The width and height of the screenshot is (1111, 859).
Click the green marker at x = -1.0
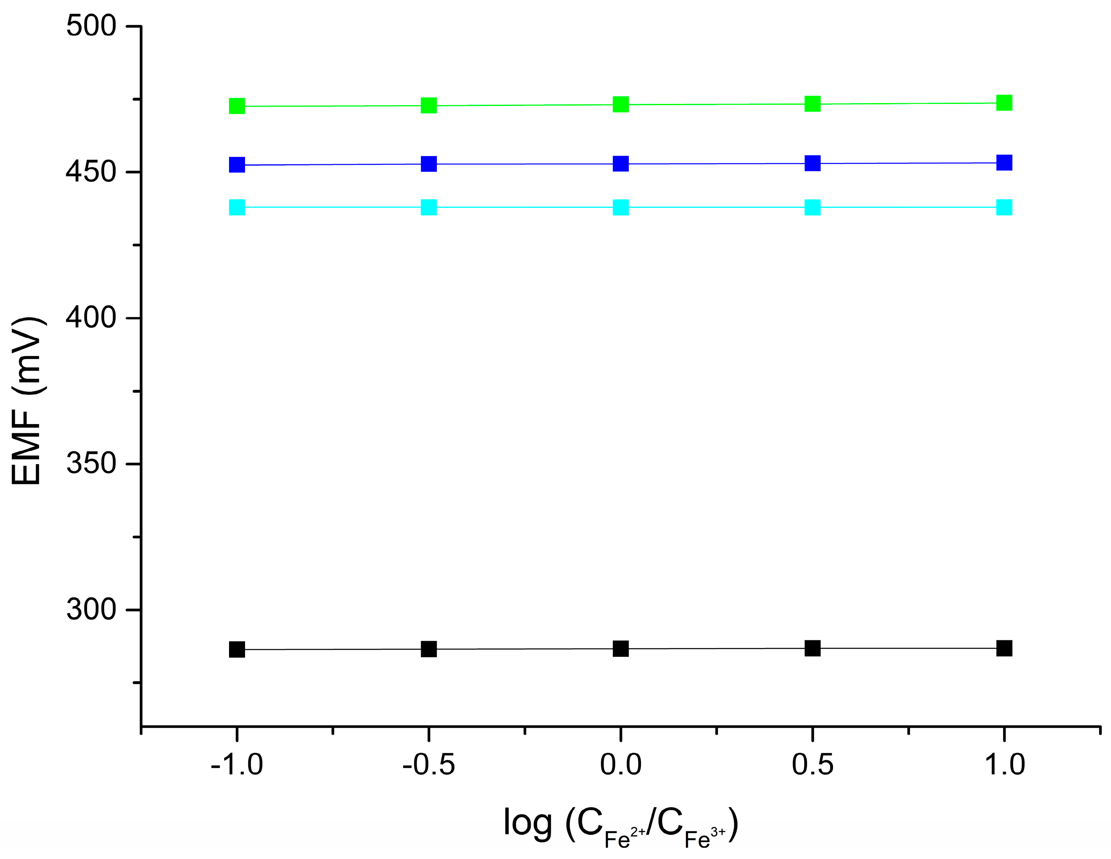click(x=237, y=106)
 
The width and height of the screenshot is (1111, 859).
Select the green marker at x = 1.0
click(x=1004, y=103)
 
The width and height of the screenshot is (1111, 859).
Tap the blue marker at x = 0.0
click(x=620, y=164)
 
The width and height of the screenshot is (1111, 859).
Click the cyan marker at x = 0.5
click(x=812, y=207)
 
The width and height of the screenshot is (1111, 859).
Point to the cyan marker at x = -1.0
click(x=237, y=207)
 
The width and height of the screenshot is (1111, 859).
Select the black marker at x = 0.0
click(x=620, y=648)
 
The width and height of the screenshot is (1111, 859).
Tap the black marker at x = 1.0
click(x=1004, y=648)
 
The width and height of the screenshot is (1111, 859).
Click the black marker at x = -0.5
click(x=429, y=649)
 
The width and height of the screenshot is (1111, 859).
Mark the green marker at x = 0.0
click(x=620, y=104)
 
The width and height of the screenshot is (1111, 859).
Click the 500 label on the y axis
click(x=91, y=26)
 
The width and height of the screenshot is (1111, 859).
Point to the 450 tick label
click(x=91, y=172)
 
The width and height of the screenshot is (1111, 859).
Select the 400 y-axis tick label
click(x=91, y=318)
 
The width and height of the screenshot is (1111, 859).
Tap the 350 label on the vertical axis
click(x=91, y=463)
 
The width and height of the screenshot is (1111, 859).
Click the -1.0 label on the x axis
click(x=237, y=764)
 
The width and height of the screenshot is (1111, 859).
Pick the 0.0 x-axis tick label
click(x=620, y=764)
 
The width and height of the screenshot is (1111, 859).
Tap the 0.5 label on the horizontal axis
click(x=812, y=764)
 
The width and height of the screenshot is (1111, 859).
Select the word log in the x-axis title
click(x=527, y=823)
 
